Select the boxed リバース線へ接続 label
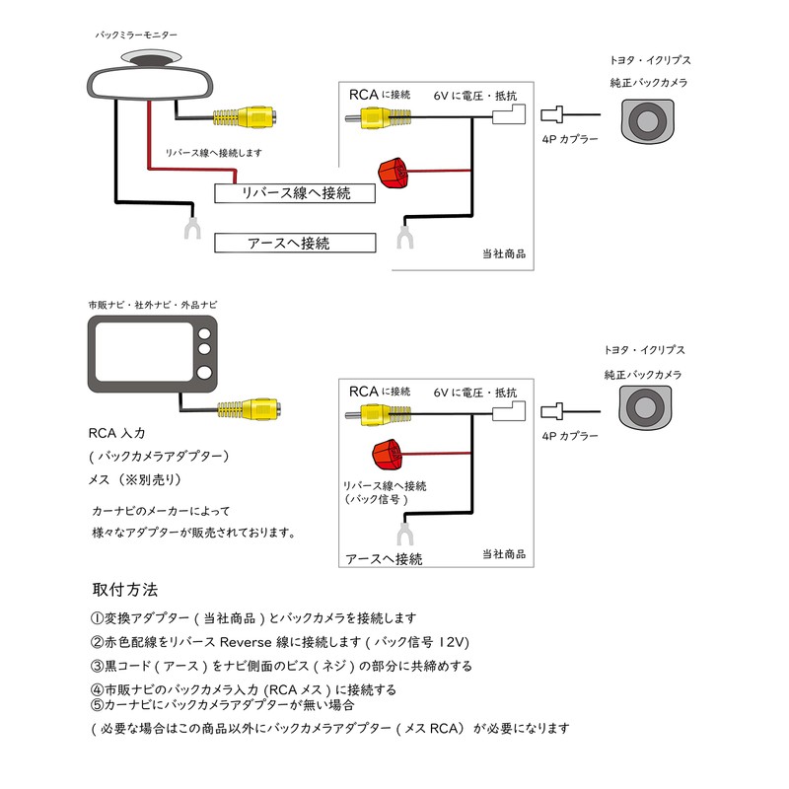pyautogui.click(x=296, y=193)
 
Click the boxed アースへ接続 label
pyautogui.click(x=296, y=243)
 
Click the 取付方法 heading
pyautogui.click(x=124, y=590)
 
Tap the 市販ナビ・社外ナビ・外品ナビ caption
pyautogui.click(x=153, y=306)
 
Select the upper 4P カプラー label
pyautogui.click(x=571, y=141)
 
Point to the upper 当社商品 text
pyautogui.click(x=503, y=253)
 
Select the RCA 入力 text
pyautogui.click(x=115, y=433)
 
